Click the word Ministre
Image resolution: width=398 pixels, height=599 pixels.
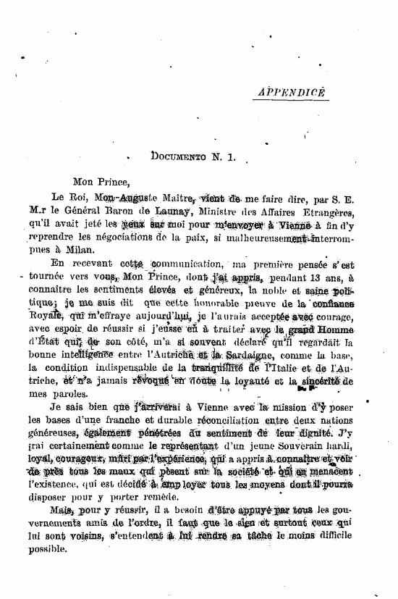[x=221, y=211]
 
